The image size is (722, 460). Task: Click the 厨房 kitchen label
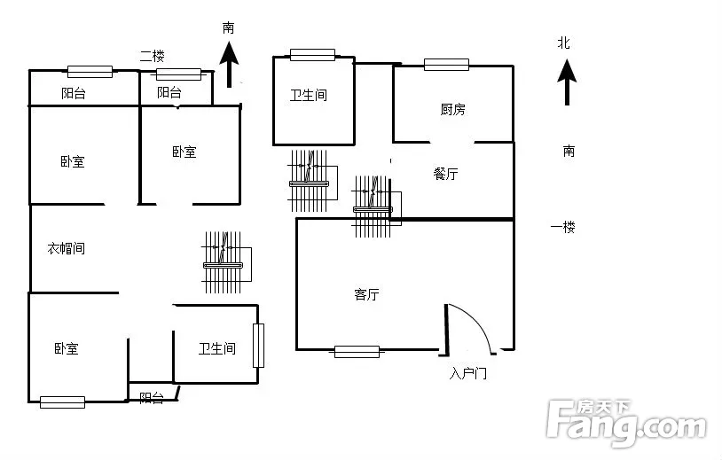pos(452,110)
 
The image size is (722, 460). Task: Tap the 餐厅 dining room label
pos(445,174)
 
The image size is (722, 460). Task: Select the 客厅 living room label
pos(366,294)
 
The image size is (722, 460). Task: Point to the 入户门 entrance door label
pos(467,372)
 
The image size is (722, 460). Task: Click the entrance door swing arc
pos(480,324)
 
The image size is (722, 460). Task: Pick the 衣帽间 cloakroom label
pos(67,248)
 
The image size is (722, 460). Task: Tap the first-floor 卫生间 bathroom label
pos(309,95)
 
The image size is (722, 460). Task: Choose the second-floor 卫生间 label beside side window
pos(217,348)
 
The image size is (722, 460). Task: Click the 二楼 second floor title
pos(153,56)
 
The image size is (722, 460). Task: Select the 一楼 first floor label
pos(562,227)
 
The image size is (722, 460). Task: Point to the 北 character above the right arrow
pos(563,43)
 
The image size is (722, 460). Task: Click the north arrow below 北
pos(567,82)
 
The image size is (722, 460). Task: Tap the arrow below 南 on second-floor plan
pos(229,65)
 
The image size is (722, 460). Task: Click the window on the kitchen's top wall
pos(446,65)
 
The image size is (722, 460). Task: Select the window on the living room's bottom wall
pos(357,352)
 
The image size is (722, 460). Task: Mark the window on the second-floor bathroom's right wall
pos(258,346)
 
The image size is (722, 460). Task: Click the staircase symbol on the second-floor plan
pos(226,262)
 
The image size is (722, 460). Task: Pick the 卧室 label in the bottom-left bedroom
pos(67,348)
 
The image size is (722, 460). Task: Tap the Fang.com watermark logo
pos(626,423)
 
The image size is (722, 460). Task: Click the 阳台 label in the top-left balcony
pos(74,93)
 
